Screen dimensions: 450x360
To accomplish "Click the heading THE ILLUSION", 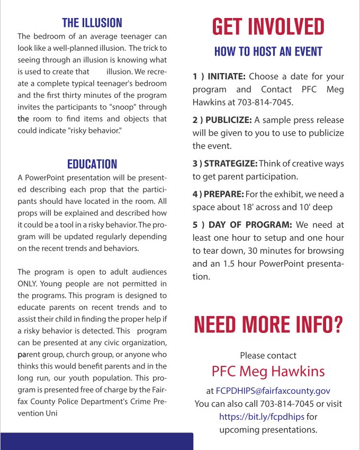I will (x=92, y=23).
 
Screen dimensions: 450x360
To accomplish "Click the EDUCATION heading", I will (x=92, y=164).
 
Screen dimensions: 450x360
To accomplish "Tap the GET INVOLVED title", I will (x=268, y=26).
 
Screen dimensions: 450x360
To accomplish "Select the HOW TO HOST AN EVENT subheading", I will (x=268, y=52).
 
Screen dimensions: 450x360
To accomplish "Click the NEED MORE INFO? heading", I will (x=268, y=324).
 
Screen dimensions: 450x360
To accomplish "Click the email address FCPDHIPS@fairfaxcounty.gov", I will (x=273, y=391).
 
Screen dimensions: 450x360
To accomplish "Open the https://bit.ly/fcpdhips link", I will (x=262, y=417).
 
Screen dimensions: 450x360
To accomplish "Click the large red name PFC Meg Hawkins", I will (x=268, y=371).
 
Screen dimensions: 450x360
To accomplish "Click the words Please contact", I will (x=268, y=355).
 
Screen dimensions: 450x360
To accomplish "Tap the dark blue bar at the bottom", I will (x=96, y=442).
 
